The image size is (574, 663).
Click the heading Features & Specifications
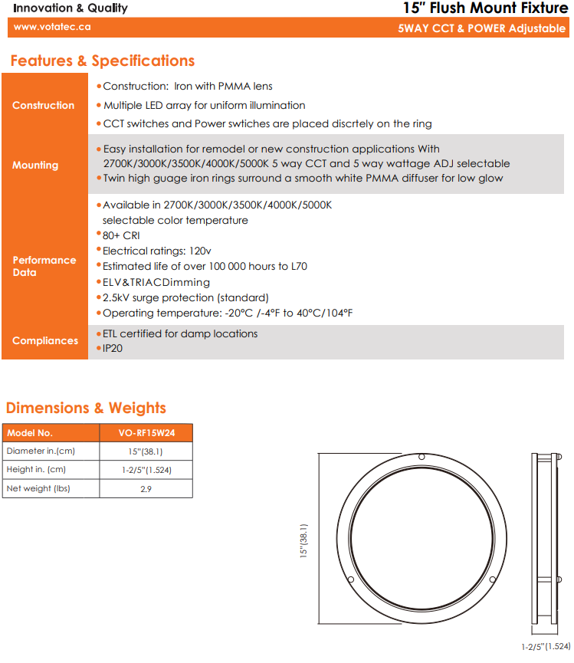pos(103,61)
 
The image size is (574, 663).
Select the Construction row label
pos(44,105)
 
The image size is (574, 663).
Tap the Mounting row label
pos(35,165)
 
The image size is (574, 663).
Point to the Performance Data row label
pos(44,266)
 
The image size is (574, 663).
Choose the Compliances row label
pos(45,340)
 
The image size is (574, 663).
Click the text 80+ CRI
pos(121,235)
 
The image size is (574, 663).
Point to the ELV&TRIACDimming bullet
pos(156,282)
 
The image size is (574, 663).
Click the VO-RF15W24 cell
pos(146,432)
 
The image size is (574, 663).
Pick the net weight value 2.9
pos(146,488)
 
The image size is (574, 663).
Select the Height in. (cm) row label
pos(36,470)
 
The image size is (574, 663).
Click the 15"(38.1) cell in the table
pos(146,451)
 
